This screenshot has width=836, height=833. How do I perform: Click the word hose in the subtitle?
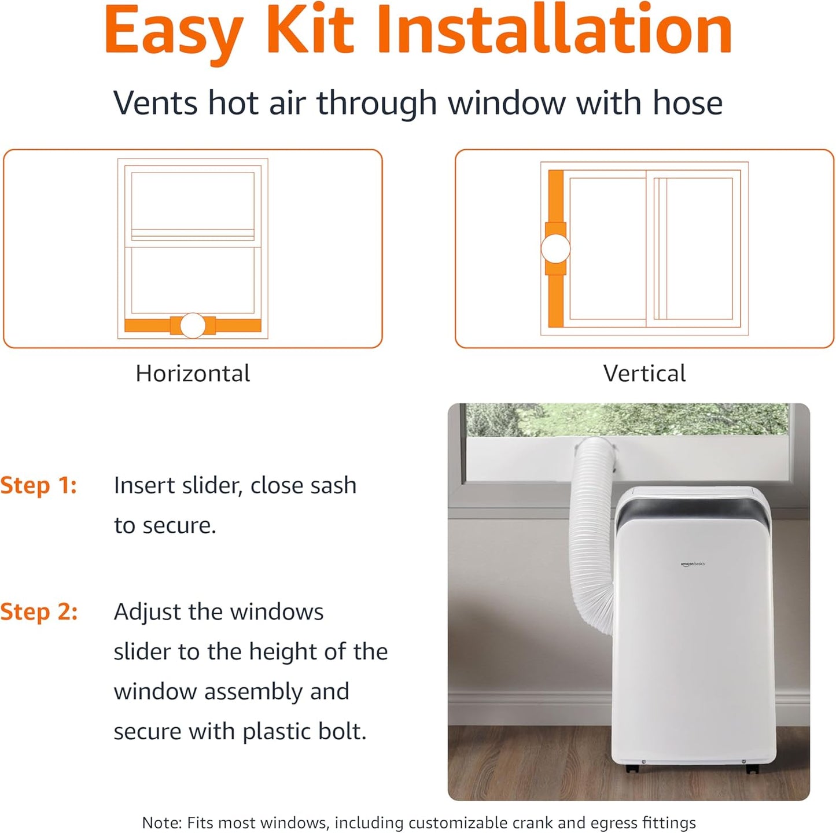(x=687, y=103)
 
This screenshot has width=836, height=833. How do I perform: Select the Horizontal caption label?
(x=193, y=374)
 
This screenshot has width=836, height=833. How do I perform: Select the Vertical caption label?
(x=644, y=374)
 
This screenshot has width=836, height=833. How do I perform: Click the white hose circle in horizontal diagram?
(x=193, y=326)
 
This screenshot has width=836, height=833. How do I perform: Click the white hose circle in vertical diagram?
(x=555, y=249)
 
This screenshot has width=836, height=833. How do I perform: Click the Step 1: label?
(x=38, y=485)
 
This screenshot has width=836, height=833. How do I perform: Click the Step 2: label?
(x=39, y=611)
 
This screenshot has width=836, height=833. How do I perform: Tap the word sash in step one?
(x=332, y=485)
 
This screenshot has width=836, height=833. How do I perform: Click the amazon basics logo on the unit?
(x=693, y=563)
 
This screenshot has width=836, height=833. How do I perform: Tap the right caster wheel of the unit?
(x=751, y=769)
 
